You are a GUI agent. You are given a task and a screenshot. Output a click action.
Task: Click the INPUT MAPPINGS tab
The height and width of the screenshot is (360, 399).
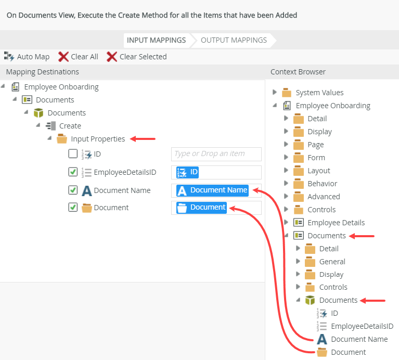pyautogui.click(x=156, y=40)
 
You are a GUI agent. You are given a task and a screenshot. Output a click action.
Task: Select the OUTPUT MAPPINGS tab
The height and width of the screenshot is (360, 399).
pyautogui.click(x=234, y=40)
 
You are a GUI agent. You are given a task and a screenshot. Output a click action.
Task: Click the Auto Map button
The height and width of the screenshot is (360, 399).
pyautogui.click(x=27, y=57)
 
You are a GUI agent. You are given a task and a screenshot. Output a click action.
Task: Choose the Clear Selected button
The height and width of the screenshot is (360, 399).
pyautogui.click(x=137, y=57)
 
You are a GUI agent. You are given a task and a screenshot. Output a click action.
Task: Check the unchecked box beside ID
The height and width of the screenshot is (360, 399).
pyautogui.click(x=73, y=154)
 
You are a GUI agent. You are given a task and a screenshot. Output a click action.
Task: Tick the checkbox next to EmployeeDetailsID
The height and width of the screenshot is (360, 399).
pyautogui.click(x=73, y=172)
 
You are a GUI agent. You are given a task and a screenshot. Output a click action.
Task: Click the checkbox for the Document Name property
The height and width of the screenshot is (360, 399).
pyautogui.click(x=73, y=190)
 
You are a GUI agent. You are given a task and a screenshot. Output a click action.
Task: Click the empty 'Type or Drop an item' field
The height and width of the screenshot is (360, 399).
pyautogui.click(x=216, y=154)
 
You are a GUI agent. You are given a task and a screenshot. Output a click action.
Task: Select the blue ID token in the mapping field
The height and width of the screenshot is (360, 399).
pyautogui.click(x=188, y=172)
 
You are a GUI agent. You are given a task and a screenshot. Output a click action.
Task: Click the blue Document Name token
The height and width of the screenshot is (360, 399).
pyautogui.click(x=212, y=190)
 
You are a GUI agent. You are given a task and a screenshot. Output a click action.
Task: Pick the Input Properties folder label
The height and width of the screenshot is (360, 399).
pyautogui.click(x=98, y=139)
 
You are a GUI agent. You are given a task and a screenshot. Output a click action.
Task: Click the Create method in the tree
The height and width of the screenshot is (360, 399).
pyautogui.click(x=70, y=126)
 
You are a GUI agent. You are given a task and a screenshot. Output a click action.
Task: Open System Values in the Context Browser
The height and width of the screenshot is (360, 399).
pyautogui.click(x=319, y=93)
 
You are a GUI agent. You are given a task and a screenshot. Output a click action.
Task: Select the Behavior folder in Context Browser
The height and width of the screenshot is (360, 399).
pyautogui.click(x=322, y=184)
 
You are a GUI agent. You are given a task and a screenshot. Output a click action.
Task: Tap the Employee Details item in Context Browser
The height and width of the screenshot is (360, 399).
pyautogui.click(x=336, y=223)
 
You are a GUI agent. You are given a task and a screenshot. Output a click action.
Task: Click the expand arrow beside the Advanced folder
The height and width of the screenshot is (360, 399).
pyautogui.click(x=286, y=197)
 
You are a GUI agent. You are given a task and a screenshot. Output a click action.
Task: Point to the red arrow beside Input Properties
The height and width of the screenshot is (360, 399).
pyautogui.click(x=143, y=139)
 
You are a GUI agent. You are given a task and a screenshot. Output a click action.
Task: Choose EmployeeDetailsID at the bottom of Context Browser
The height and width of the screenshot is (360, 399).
pyautogui.click(x=362, y=326)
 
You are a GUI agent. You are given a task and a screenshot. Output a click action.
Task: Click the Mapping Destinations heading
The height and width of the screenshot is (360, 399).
pyautogui.click(x=43, y=72)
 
